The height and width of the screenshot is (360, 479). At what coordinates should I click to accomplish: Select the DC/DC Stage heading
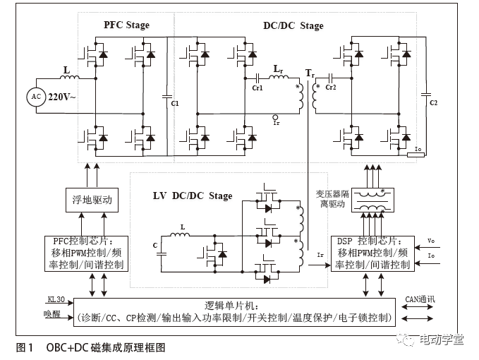[x=293, y=25]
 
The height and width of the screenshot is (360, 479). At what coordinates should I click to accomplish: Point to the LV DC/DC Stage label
[x=193, y=196]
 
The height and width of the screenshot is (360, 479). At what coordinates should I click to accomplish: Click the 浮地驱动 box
[x=89, y=200]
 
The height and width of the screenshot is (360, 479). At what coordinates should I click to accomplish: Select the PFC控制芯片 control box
[x=88, y=253]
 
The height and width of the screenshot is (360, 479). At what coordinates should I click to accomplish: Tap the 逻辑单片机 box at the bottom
[x=234, y=311]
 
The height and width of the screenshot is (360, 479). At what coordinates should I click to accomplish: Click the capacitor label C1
[x=175, y=103]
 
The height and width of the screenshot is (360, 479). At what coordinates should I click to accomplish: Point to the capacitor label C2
[x=434, y=102]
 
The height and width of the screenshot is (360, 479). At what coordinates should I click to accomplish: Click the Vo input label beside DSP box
[x=432, y=241]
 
